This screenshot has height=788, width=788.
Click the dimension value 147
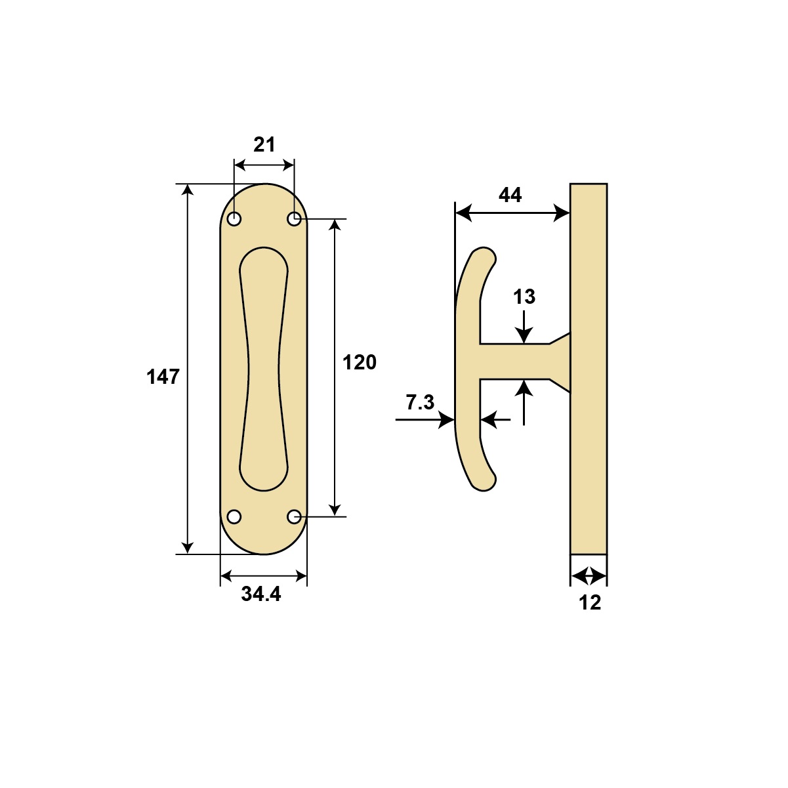click(x=163, y=377)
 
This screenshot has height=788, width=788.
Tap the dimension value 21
click(x=264, y=144)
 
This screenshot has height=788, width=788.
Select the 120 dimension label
click(x=359, y=362)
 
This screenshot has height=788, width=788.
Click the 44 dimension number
click(x=510, y=195)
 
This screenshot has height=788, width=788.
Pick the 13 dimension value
click(x=524, y=297)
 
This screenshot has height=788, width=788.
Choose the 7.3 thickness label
click(x=419, y=402)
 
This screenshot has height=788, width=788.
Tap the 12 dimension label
click(x=590, y=602)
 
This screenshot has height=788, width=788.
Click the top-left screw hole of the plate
click(x=234, y=219)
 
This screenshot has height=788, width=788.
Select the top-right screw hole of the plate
click(x=294, y=219)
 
